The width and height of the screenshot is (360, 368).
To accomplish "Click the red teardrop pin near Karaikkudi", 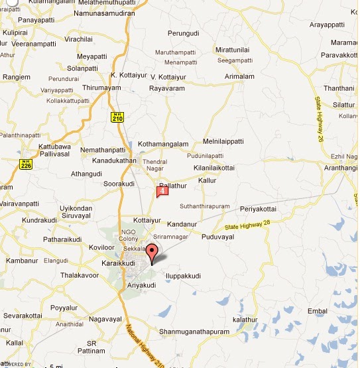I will coord(152,253).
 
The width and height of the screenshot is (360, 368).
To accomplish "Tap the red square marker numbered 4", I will coord(161,192).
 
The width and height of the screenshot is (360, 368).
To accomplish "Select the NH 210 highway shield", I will coord(117,116).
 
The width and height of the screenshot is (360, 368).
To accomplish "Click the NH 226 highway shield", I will coord(26,163).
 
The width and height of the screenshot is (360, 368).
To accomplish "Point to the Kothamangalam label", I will coord(163,144).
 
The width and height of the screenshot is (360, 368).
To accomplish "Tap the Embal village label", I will coord(318,310).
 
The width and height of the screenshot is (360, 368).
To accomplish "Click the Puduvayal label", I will coord(218,237).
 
